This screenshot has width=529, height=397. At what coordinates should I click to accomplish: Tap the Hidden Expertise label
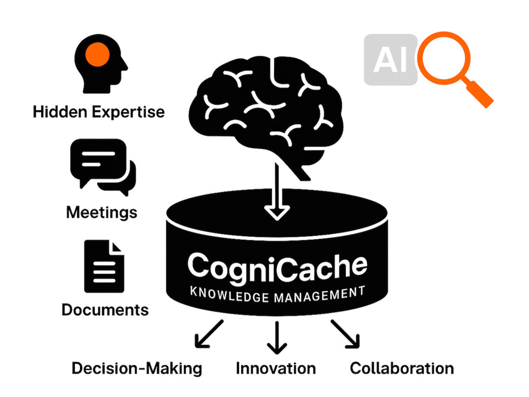coord(99,112)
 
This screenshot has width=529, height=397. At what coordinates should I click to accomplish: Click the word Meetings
coord(102,212)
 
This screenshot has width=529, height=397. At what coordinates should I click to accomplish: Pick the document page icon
coord(104,266)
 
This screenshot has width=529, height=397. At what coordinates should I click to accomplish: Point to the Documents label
coord(105,310)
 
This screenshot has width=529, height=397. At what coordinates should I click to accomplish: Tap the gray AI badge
coord(390,60)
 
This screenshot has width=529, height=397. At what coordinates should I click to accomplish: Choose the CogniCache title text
coord(277,266)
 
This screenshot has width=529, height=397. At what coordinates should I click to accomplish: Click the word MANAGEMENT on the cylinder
coord(318,295)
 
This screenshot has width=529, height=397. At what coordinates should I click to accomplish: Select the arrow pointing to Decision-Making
coord(209,334)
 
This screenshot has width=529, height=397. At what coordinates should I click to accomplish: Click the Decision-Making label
coord(137,368)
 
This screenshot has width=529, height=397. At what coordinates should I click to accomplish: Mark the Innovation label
coord(276,368)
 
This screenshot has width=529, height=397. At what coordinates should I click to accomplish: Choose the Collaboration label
coord(402,368)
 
